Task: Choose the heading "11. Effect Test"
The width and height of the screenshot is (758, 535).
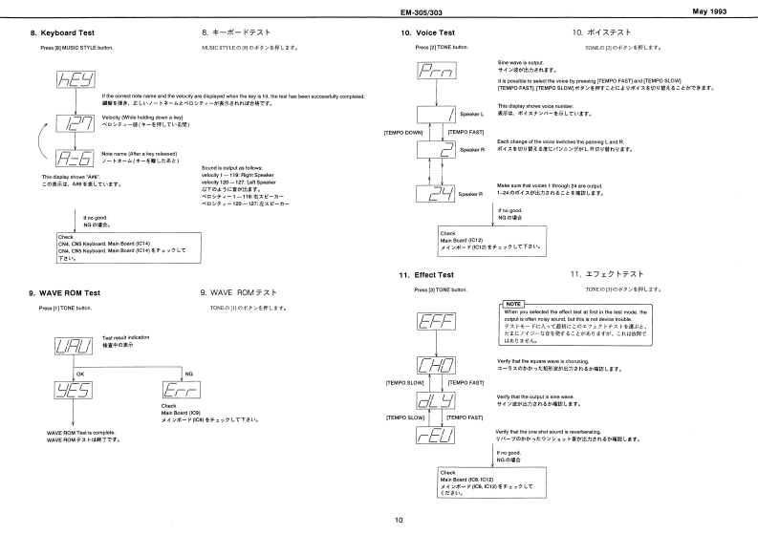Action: click(427, 275)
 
